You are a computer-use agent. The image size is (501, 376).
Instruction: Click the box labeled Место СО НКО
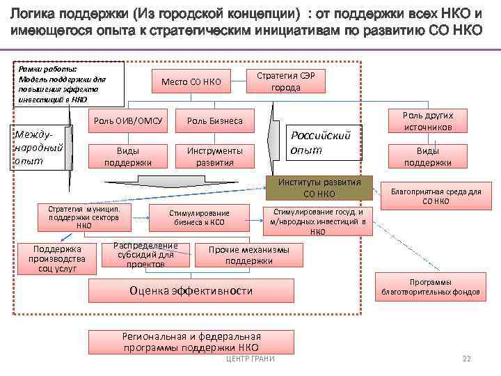tap(191, 82)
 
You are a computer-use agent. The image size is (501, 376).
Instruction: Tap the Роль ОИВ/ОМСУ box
tap(128, 121)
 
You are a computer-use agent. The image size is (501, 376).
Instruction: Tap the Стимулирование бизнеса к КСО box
tap(199, 218)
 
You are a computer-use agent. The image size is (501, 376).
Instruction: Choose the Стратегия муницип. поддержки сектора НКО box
tap(84, 217)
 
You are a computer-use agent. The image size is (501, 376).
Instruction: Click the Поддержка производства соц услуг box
tap(58, 258)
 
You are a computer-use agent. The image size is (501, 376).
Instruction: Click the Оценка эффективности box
tap(191, 291)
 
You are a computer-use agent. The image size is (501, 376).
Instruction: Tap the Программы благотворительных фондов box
tap(430, 287)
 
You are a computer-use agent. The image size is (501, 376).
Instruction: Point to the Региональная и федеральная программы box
tap(191, 340)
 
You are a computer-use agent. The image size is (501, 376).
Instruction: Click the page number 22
tap(466, 359)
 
